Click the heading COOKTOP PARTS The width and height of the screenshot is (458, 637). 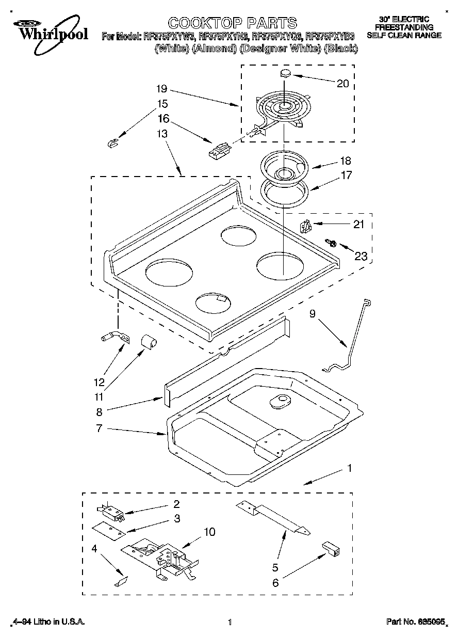pos(232,23)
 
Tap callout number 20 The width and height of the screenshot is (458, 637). pos(342,84)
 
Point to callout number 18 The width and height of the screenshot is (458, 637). pos(345,161)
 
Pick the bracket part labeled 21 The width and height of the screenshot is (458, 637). pos(306,226)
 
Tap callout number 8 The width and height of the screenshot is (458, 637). pos(100,412)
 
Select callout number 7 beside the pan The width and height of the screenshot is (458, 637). pos(100,428)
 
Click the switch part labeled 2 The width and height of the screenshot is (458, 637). pos(110,510)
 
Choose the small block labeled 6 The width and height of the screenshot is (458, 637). pos(331,548)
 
